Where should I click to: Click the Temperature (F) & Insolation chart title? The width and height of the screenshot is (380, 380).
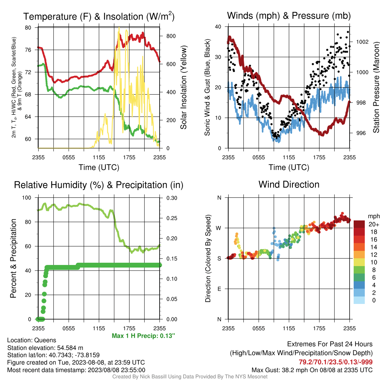click(99, 16)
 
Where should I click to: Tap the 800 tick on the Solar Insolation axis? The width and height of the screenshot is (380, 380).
click(171, 36)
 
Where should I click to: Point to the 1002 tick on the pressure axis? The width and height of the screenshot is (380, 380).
click(362, 42)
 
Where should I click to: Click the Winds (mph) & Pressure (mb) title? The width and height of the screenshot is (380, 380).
click(289, 16)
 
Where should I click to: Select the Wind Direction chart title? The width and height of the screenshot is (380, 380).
click(289, 184)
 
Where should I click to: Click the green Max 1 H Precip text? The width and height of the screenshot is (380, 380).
click(143, 335)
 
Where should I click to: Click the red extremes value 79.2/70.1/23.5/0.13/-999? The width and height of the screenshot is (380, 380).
click(335, 362)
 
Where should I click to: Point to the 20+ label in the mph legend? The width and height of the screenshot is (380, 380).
click(374, 224)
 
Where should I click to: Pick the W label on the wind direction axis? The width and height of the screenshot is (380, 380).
click(219, 228)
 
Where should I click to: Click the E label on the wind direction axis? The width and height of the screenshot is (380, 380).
click(219, 289)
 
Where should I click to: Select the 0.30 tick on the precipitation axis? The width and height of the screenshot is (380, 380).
click(172, 198)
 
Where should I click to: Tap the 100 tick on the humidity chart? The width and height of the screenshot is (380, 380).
click(27, 197)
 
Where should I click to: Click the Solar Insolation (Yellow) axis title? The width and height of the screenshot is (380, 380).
click(184, 87)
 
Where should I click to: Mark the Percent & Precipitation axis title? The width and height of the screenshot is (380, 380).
click(13, 258)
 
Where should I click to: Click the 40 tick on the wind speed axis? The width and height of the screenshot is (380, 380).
click(218, 27)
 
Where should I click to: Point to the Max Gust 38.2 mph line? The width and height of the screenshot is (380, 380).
click(312, 370)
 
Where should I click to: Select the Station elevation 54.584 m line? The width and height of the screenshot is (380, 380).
click(45, 348)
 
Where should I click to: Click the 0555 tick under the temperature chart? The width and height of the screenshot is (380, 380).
click(69, 157)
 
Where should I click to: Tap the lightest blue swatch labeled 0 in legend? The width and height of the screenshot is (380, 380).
click(359, 300)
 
